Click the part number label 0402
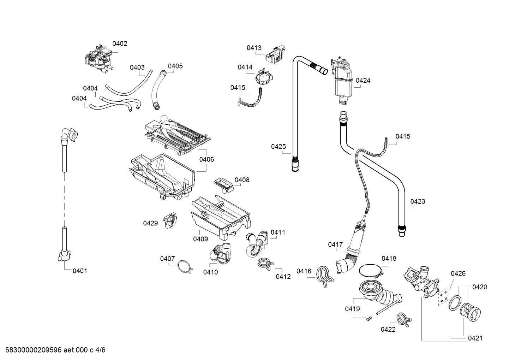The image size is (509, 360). pos(120,44)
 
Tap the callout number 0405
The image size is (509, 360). pos(175,66)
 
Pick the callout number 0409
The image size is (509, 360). pos(200,239)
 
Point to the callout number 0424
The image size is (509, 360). pos(363,81)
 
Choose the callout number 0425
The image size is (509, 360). pos(279,147)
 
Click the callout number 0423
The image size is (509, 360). pos(418,202)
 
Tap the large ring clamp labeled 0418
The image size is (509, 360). pos(371,271)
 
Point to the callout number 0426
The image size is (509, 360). pos(458,273)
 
